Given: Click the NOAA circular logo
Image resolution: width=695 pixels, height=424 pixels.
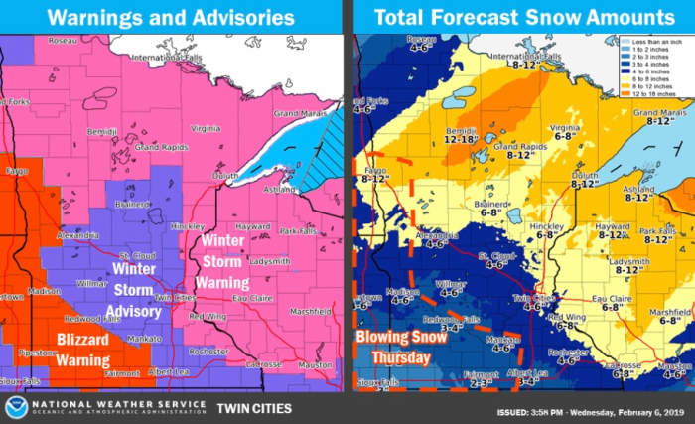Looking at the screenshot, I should (17, 406).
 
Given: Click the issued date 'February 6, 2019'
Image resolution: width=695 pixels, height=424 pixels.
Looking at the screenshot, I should (640, 411).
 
